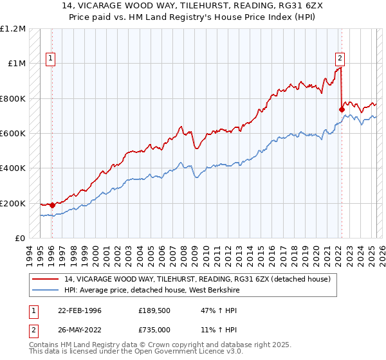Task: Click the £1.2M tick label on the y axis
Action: (13, 29)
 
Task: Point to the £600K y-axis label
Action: (13, 134)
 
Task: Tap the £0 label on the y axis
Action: (19, 239)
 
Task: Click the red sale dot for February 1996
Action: (52, 205)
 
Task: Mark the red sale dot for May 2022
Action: (342, 110)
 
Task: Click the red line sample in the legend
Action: (47, 279)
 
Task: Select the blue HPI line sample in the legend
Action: (47, 289)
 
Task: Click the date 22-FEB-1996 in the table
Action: (80, 310)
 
